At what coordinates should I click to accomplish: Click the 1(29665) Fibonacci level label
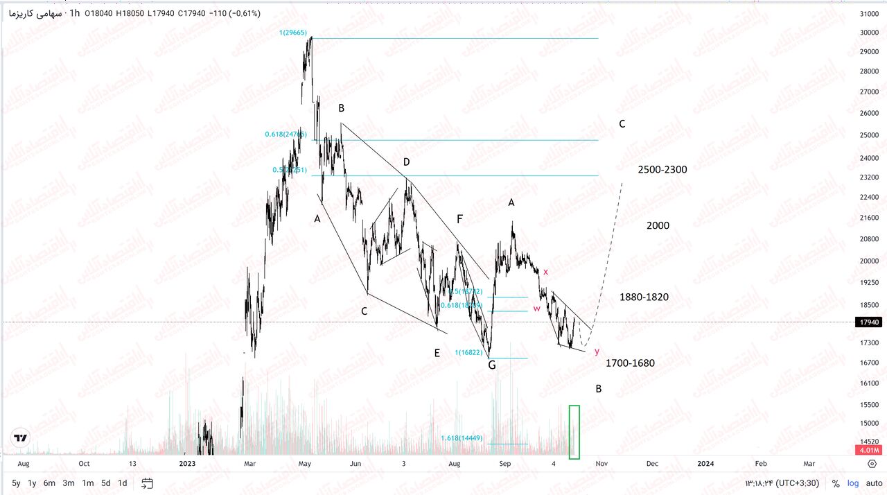pyautogui.click(x=294, y=33)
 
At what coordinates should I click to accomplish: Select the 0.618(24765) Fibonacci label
pyautogui.click(x=286, y=134)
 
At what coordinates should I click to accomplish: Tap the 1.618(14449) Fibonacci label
pyautogui.click(x=462, y=438)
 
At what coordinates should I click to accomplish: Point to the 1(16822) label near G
pyautogui.click(x=468, y=352)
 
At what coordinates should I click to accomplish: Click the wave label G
pyautogui.click(x=491, y=365)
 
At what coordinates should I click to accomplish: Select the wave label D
pyautogui.click(x=407, y=162)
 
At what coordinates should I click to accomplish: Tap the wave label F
pyautogui.click(x=459, y=219)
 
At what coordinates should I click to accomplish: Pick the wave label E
pyautogui.click(x=437, y=353)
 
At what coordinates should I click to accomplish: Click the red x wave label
pyautogui.click(x=545, y=272)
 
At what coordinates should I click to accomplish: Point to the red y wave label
pyautogui.click(x=597, y=351)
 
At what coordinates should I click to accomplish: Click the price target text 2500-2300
pyautogui.click(x=662, y=170)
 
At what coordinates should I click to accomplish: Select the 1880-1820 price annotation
pyautogui.click(x=644, y=297)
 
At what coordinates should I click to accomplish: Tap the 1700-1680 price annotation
pyautogui.click(x=630, y=363)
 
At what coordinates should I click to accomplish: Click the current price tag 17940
pyautogui.click(x=869, y=322)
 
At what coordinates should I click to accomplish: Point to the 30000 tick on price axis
pyautogui.click(x=869, y=33)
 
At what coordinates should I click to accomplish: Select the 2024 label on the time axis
pyautogui.click(x=705, y=462)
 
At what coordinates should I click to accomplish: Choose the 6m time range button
pyautogui.click(x=49, y=483)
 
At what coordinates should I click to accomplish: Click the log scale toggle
pyautogui.click(x=852, y=483)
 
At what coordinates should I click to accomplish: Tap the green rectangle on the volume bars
pyautogui.click(x=574, y=431)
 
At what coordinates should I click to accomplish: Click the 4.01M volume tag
pyautogui.click(x=869, y=450)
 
